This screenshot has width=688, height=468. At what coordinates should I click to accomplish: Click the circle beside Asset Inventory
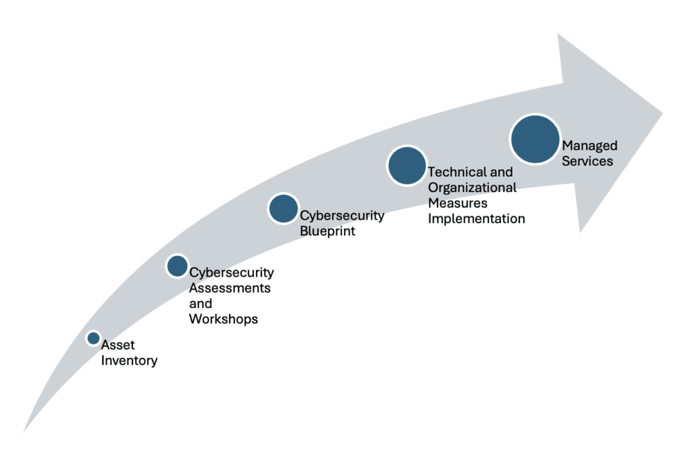(x=93, y=338)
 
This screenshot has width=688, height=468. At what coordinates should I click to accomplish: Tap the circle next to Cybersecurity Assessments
(x=177, y=266)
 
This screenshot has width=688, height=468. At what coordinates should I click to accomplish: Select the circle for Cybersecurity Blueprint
(x=284, y=209)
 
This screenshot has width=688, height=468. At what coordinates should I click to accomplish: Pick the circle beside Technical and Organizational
(x=407, y=165)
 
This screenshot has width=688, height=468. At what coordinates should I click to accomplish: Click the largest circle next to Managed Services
(x=535, y=139)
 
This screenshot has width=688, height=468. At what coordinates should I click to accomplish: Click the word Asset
(x=118, y=345)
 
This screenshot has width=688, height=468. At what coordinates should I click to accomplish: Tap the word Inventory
(x=130, y=361)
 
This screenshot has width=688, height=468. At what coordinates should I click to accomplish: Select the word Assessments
(x=230, y=288)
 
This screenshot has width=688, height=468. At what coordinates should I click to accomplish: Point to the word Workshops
(x=224, y=319)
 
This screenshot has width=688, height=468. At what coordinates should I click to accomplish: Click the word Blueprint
(x=328, y=231)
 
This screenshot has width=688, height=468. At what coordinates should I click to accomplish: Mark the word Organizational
(x=472, y=188)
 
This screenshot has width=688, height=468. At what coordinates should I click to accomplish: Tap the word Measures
(x=458, y=203)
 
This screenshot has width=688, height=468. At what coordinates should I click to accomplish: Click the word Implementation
(x=476, y=218)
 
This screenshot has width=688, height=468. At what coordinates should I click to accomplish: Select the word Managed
(x=590, y=146)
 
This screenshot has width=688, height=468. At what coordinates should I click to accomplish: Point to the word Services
(x=587, y=161)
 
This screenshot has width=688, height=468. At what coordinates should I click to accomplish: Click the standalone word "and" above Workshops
(x=200, y=303)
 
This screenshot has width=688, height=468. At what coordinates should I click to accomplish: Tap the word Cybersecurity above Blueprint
(x=342, y=216)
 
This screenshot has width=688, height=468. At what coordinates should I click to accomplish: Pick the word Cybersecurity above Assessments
(x=232, y=273)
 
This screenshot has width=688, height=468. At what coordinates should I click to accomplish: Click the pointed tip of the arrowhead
(x=662, y=113)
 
